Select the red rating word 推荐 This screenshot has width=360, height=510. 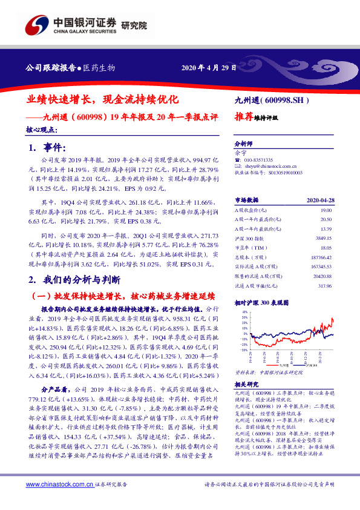click(x=243, y=118)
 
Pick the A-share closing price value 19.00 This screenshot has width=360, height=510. click(x=327, y=209)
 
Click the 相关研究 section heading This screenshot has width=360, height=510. click(x=245, y=385)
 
